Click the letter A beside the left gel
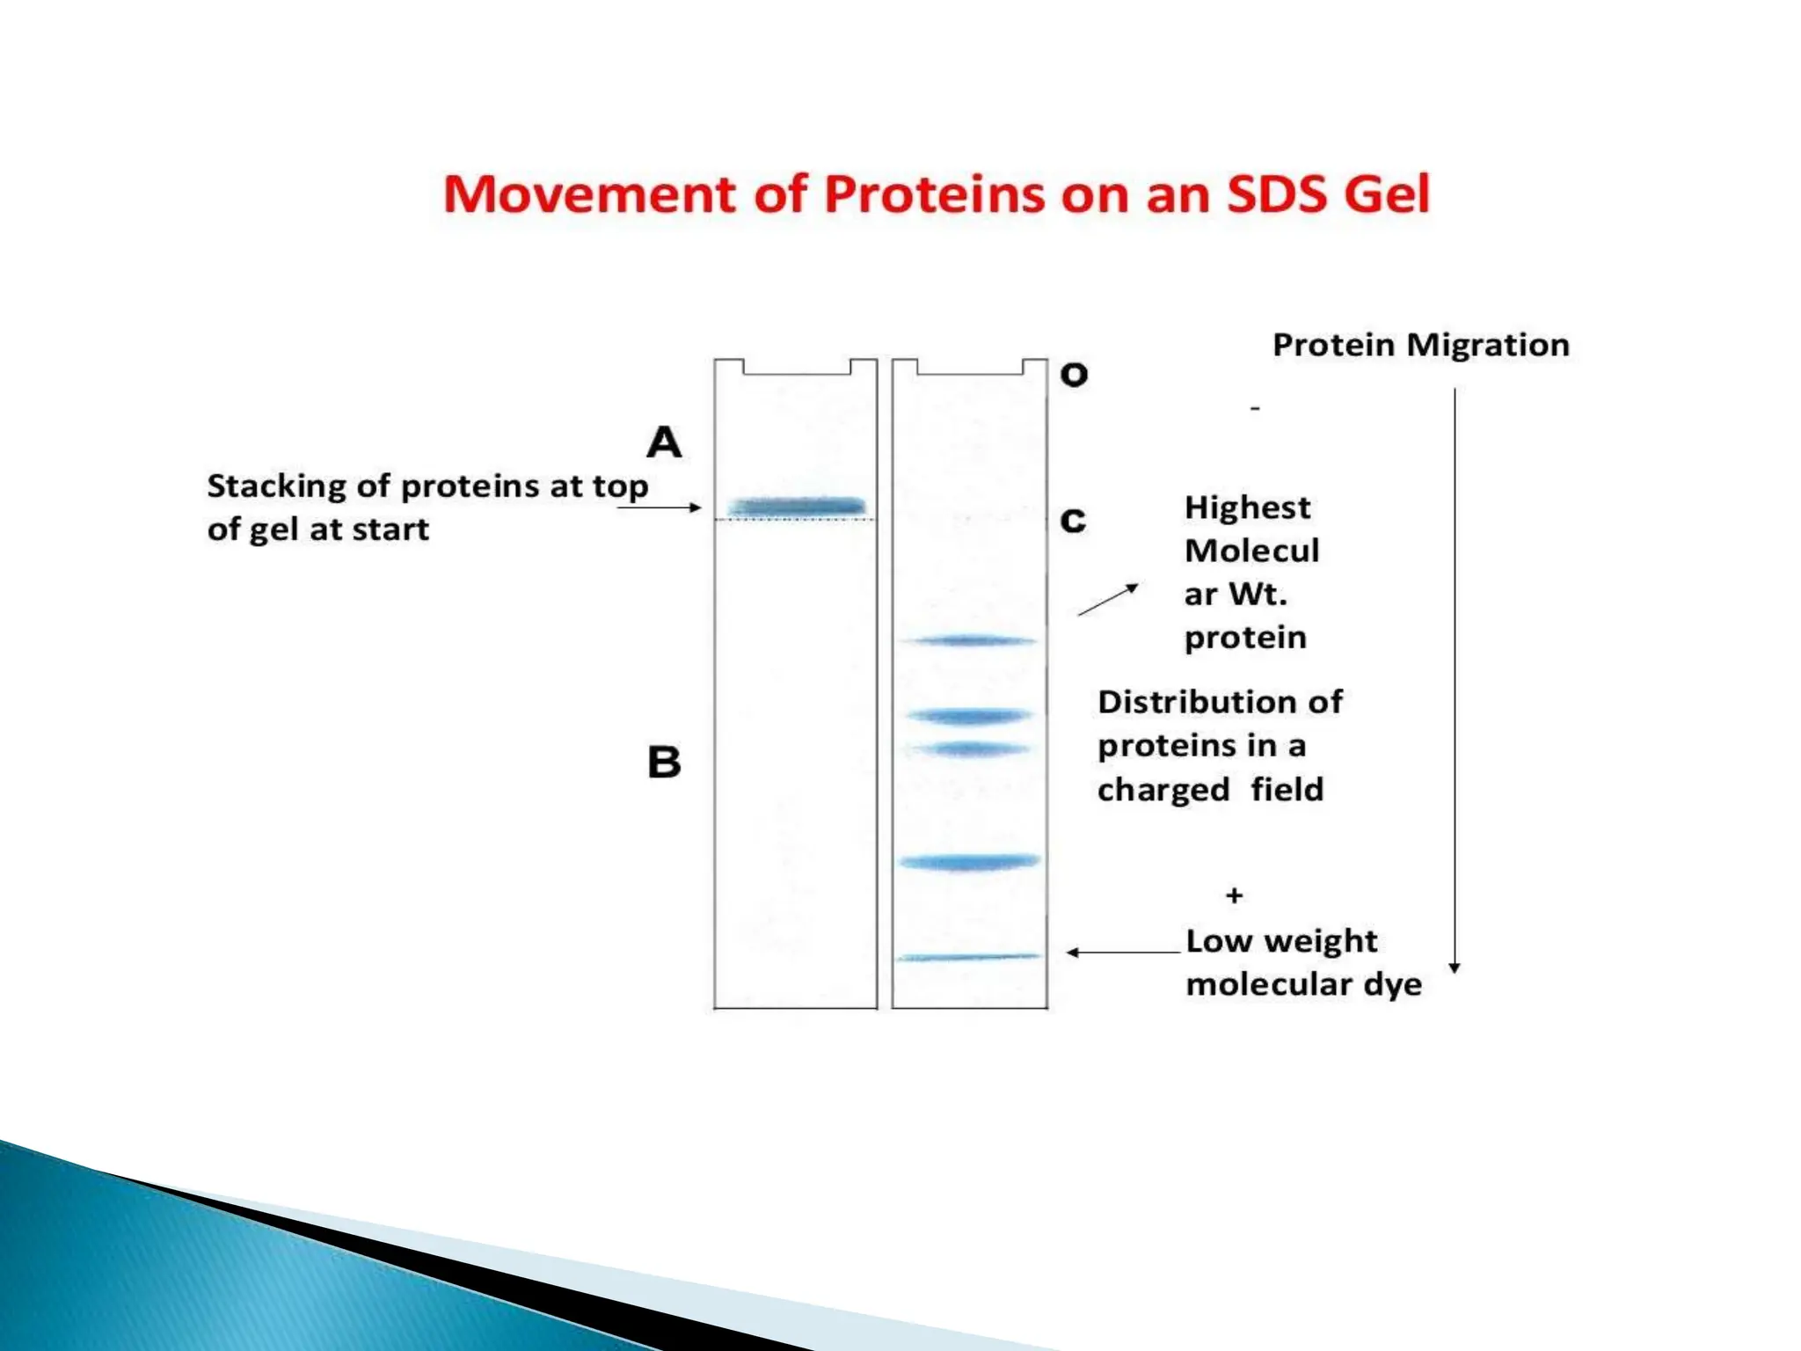tap(664, 442)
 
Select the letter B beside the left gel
tap(664, 762)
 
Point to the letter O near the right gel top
tap(1074, 376)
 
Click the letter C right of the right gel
tap(1073, 521)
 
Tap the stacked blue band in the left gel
tap(797, 507)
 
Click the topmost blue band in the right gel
tap(971, 641)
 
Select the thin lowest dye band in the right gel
tap(968, 957)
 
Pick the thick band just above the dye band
tap(969, 862)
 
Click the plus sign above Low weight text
tap(1234, 895)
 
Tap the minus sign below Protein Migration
tap(1255, 408)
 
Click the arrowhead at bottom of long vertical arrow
tap(1455, 967)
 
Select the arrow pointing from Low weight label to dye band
tap(1122, 952)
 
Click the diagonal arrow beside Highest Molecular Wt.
tap(1108, 600)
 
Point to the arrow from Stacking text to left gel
tap(660, 508)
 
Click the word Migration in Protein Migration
tap(1488, 345)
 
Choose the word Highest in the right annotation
tap(1247, 508)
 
